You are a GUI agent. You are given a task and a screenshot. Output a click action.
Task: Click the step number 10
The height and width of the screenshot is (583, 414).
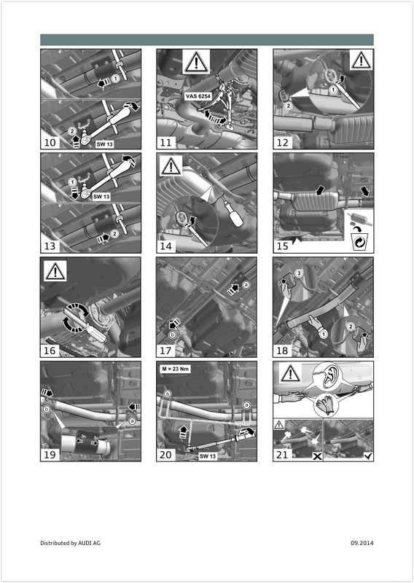coord(50,142)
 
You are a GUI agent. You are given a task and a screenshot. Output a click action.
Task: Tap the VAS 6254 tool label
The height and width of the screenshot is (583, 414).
coord(198,96)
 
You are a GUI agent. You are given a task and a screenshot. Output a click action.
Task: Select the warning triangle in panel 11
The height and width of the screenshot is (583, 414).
coord(196,62)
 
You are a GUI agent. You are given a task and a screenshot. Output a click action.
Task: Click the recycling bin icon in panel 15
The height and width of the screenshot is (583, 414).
coord(359,242)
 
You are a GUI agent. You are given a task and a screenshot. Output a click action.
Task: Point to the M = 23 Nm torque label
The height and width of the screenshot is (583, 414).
coord(176,369)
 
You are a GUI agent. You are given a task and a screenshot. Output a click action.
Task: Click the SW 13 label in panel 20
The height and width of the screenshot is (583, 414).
coord(208,456)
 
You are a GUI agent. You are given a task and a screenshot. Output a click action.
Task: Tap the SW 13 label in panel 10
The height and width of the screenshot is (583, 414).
coord(104,144)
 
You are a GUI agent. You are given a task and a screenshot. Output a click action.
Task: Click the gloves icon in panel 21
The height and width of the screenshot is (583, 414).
coord(327,405)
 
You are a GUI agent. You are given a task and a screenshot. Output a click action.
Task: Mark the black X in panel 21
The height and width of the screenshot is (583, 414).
coord(317,456)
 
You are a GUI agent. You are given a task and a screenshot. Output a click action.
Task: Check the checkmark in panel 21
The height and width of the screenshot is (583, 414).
coord(369,456)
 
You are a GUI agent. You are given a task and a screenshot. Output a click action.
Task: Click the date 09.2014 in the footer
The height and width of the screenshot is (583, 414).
coord(362,543)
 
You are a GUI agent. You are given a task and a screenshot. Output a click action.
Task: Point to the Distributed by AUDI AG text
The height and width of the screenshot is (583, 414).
coord(70,543)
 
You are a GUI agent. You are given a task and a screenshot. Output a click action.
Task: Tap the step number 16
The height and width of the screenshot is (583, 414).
coord(50,351)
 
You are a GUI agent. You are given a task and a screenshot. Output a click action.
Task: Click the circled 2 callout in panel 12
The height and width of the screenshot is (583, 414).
coord(289,106)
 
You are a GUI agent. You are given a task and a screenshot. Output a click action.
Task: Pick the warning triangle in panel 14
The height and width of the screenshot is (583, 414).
coord(171,166)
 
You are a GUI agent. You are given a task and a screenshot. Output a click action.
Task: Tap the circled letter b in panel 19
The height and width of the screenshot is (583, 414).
coord(47,410)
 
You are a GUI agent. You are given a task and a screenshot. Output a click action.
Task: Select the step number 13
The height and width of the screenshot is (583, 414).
coord(50,246)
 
